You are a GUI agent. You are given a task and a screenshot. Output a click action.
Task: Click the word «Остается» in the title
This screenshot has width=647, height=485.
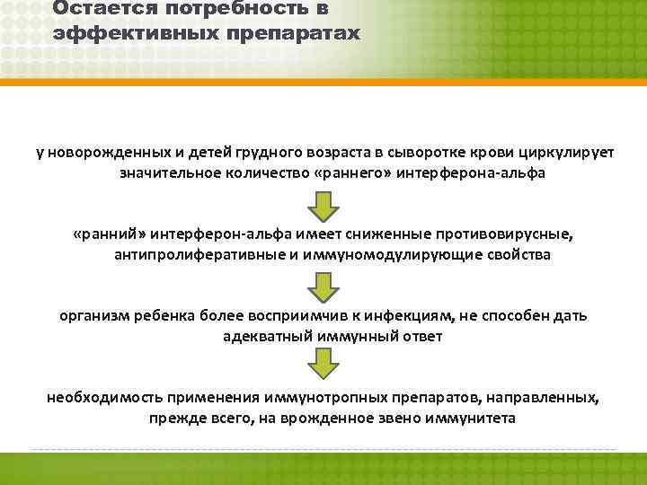pyautogui.click(x=98, y=9)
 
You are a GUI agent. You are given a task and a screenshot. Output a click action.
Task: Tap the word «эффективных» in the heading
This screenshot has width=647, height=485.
pyautogui.click(x=118, y=33)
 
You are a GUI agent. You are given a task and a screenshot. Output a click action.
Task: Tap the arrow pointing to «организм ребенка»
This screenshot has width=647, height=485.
pyautogui.click(x=323, y=287)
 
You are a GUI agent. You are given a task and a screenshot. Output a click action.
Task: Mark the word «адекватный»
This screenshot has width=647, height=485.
pyautogui.click(x=261, y=336)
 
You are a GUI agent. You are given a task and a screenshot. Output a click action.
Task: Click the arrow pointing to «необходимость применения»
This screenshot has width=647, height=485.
pyautogui.click(x=323, y=366)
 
